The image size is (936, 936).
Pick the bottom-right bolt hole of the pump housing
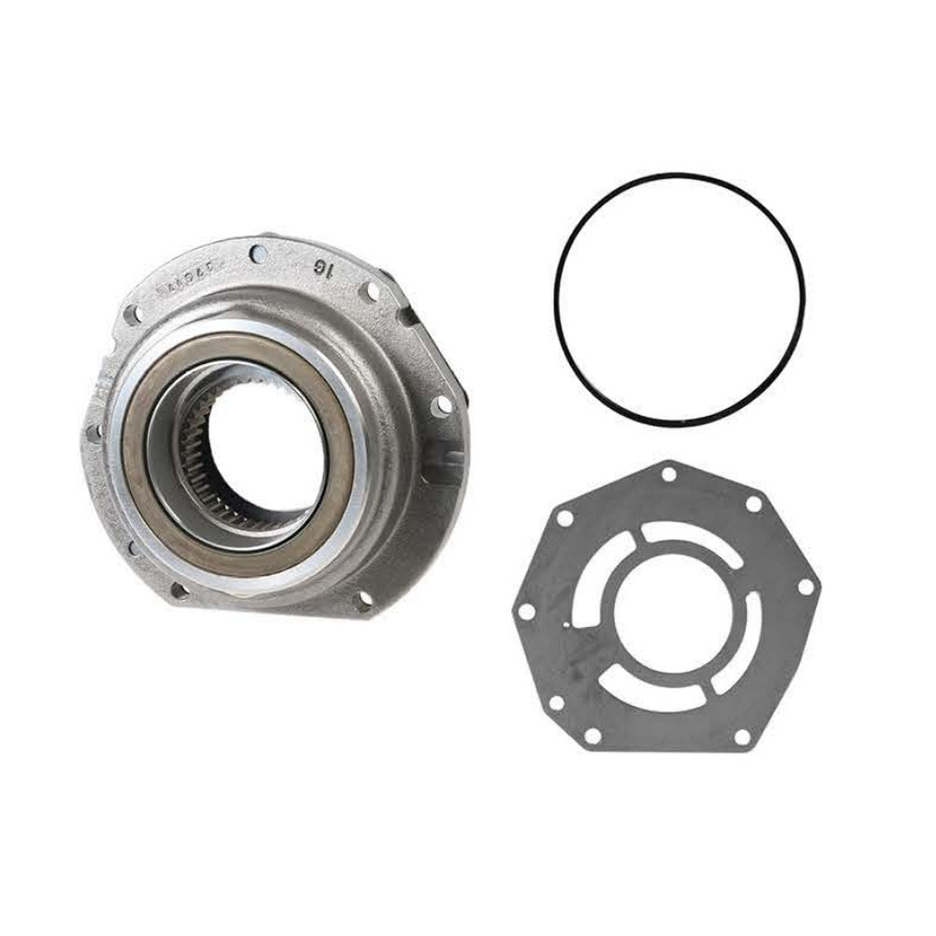tap(364, 596)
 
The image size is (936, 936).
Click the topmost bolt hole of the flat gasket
tap(668, 475)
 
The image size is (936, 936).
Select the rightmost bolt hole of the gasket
tap(803, 587)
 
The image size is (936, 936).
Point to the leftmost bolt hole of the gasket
tap(527, 610)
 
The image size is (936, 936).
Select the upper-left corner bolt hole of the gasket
tap(565, 516)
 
